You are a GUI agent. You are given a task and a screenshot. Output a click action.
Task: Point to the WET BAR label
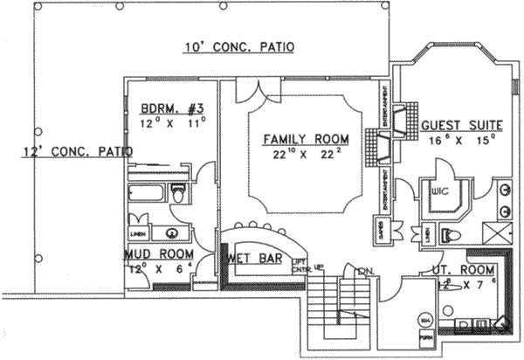252,259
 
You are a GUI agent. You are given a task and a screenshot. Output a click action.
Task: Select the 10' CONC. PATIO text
238,46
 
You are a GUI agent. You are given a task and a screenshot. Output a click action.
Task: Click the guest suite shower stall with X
496,233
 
